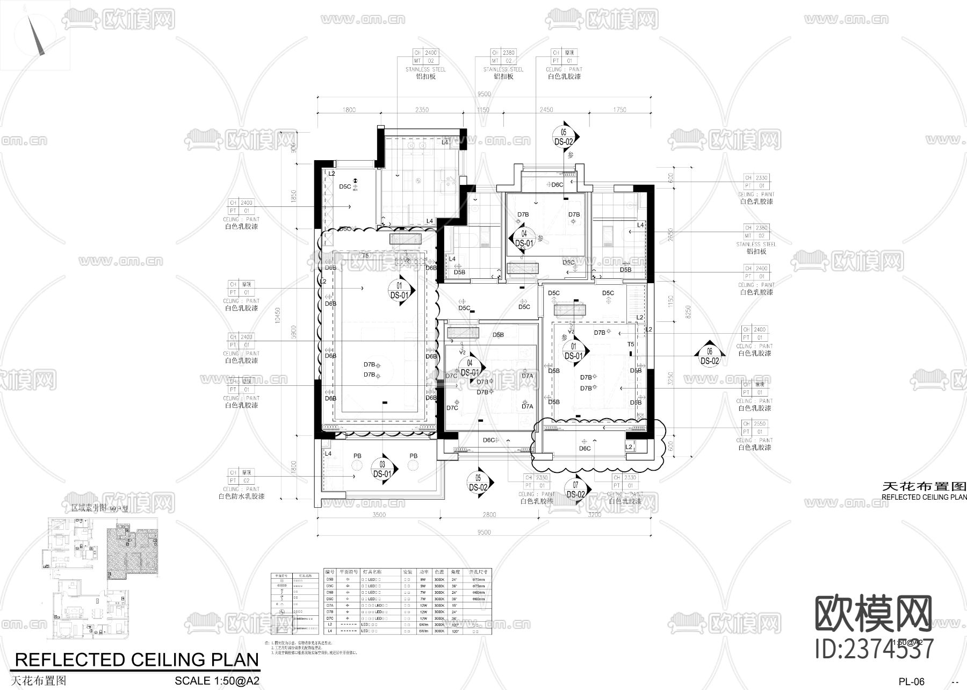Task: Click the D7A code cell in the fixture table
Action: (x=330, y=605)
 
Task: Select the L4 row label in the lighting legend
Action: (x=330, y=631)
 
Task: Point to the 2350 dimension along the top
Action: (x=422, y=110)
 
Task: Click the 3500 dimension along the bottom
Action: (x=379, y=515)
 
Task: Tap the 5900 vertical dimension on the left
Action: (x=293, y=329)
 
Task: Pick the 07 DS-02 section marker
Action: (x=575, y=490)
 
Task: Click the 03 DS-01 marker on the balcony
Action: (x=382, y=469)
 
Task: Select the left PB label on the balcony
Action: (x=357, y=456)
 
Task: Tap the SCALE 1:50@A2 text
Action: (x=217, y=681)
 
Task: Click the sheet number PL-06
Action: (x=912, y=682)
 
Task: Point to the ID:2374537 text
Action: (x=874, y=649)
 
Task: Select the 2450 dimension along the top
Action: (x=546, y=110)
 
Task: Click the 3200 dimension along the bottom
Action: (x=594, y=515)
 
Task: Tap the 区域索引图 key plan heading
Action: (x=89, y=507)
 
